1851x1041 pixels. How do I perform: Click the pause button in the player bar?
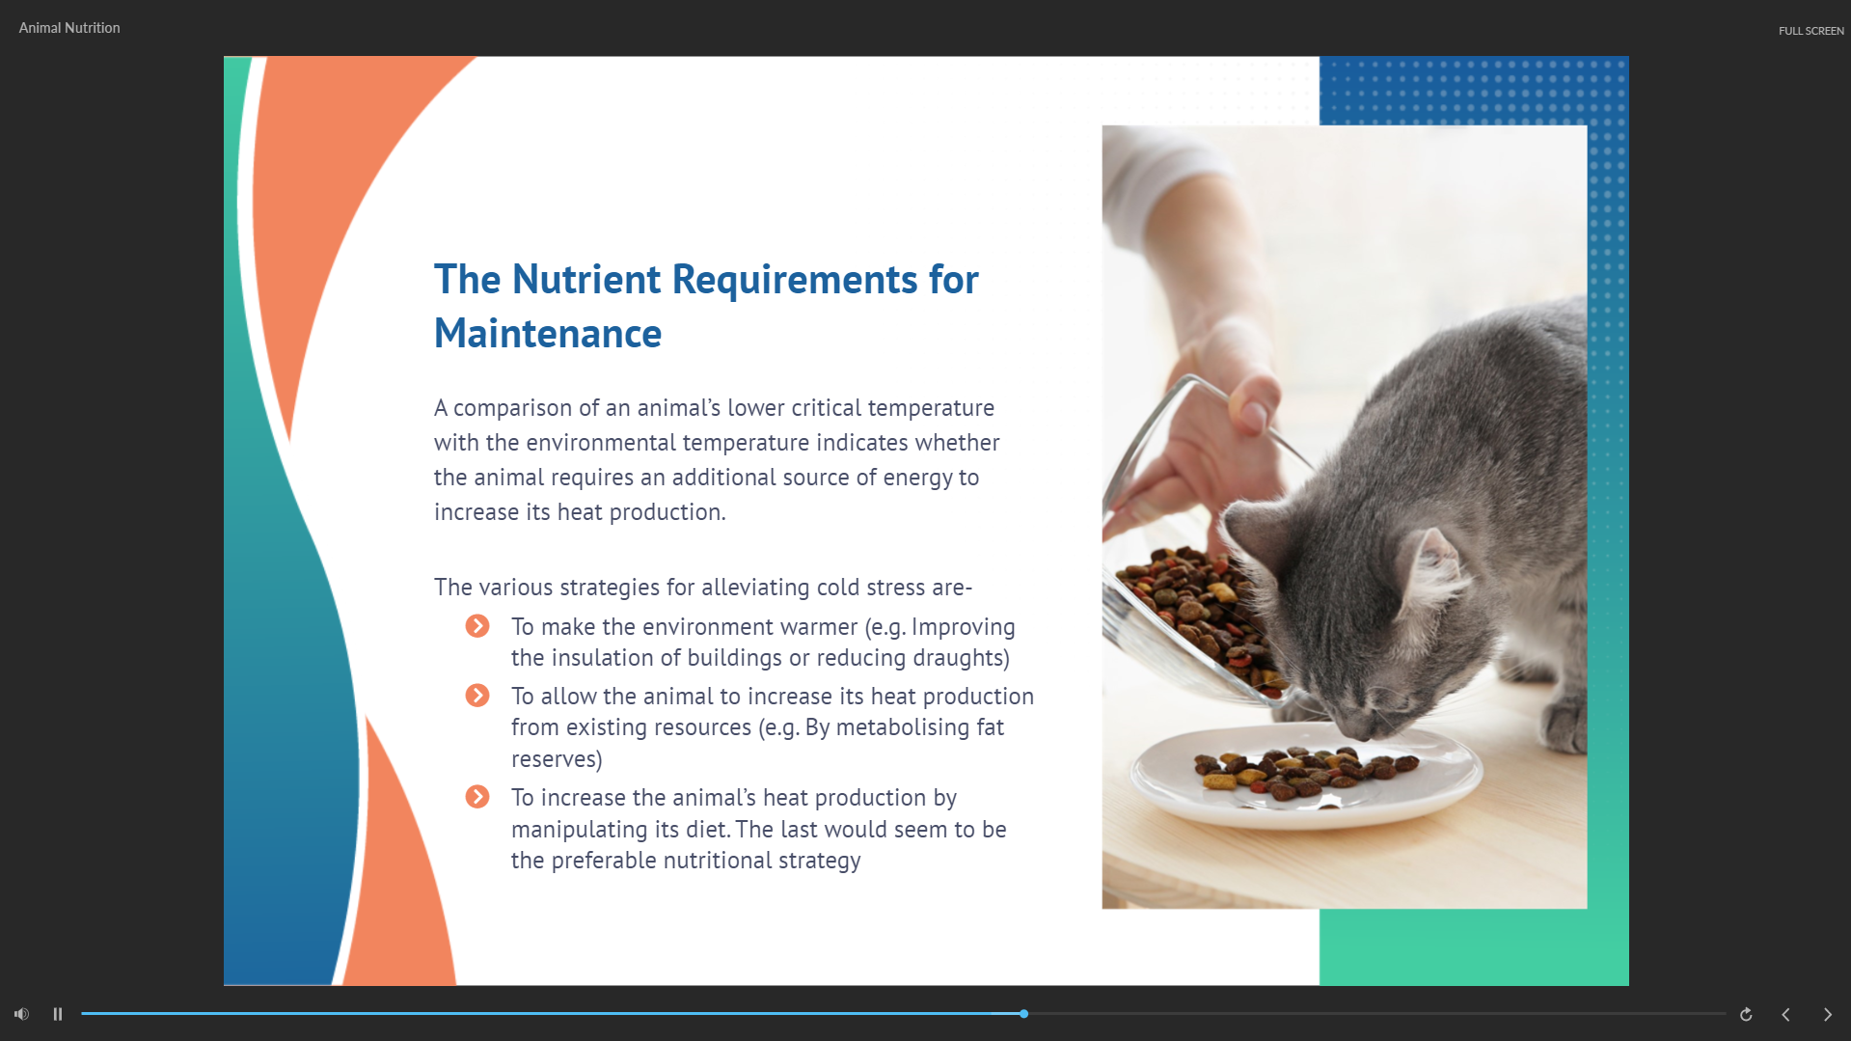point(58,1014)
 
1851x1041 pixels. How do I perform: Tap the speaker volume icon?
point(21,1014)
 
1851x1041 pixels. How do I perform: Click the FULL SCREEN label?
point(1810,31)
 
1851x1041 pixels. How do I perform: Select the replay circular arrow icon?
point(1746,1014)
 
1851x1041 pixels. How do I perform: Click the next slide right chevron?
point(1827,1014)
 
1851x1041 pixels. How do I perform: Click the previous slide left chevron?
point(1785,1014)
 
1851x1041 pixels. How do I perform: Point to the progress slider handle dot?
point(1023,1014)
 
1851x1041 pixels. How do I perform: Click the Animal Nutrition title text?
point(69,28)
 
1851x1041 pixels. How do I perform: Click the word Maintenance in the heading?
point(548,334)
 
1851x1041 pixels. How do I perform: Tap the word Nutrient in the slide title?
point(586,280)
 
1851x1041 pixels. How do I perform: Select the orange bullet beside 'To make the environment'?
point(477,626)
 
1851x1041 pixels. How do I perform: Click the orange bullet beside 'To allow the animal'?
point(477,696)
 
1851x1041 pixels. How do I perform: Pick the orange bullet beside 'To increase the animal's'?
point(477,797)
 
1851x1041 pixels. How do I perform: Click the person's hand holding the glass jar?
point(1206,434)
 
